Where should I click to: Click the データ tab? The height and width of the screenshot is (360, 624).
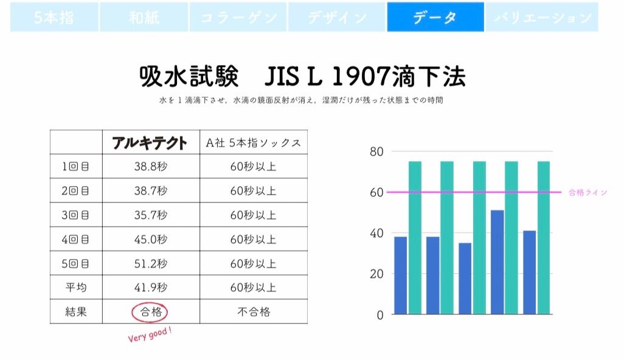(435, 17)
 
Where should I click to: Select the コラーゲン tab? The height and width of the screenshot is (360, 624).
(238, 17)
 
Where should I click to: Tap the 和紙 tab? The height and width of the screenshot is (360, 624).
(144, 17)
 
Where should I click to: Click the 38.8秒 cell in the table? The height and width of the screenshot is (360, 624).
(150, 166)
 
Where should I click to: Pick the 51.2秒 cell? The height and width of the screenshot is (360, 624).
(150, 263)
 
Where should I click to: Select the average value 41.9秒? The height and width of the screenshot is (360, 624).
(150, 288)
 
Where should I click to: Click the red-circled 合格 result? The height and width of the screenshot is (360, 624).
(150, 312)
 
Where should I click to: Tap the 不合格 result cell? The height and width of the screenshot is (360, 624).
(253, 312)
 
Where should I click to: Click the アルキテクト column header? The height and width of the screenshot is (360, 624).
(150, 142)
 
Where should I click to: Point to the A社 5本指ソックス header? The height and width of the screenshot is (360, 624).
(253, 142)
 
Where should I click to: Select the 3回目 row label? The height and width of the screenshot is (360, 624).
(76, 215)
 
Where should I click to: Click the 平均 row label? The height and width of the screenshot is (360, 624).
(76, 288)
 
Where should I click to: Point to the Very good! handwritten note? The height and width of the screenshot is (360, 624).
(150, 335)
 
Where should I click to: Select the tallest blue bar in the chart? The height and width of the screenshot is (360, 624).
(497, 262)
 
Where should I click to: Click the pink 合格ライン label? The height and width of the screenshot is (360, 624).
(588, 193)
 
